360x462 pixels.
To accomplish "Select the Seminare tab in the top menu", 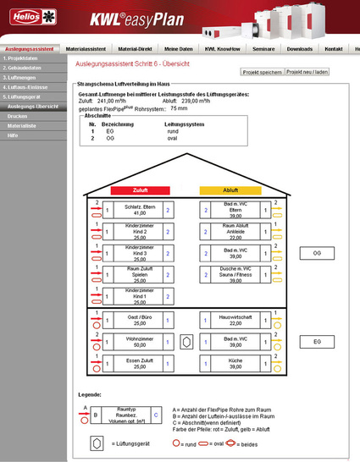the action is [x=263, y=49].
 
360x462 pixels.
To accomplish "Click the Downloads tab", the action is [x=299, y=49].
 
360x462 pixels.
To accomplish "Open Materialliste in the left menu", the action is [x=22, y=125].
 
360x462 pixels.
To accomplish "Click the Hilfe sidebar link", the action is [x=13, y=135].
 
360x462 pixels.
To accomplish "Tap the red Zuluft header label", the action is [x=130, y=190].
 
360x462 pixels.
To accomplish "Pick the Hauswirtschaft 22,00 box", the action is [x=224, y=319].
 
